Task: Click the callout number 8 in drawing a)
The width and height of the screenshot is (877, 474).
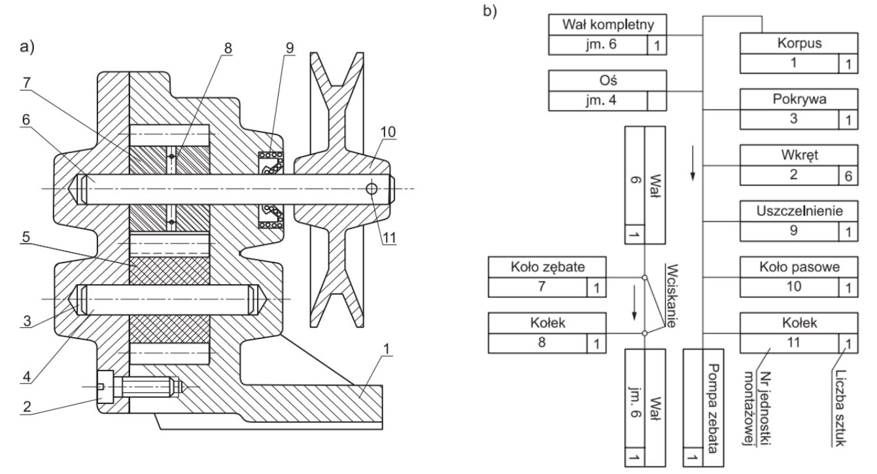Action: pos(228,48)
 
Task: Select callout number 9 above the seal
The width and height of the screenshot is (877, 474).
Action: pos(289,48)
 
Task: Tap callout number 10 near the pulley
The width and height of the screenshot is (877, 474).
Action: pos(388,132)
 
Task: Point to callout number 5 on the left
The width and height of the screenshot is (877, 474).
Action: pos(26,237)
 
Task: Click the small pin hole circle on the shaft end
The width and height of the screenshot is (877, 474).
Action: pos(371,189)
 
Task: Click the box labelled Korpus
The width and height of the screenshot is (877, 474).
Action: pos(799,53)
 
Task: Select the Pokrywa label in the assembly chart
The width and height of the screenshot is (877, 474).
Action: pos(799,100)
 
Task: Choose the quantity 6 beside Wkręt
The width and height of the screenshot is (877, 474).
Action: pos(848,176)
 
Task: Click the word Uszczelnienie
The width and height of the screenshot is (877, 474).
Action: pos(799,211)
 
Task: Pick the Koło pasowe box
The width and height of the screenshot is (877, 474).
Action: pos(799,277)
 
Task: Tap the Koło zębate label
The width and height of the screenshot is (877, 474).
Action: pos(547,267)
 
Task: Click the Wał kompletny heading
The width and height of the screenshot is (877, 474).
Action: pos(608,24)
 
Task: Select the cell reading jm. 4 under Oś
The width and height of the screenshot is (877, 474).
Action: pos(601,100)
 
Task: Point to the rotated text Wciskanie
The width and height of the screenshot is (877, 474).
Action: pos(672,296)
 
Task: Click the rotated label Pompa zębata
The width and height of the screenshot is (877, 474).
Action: pos(714,408)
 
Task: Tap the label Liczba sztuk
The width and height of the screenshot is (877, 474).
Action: pos(840,408)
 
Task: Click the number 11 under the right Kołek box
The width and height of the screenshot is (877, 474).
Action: pos(793,342)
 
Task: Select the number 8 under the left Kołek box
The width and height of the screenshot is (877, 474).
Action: pos(542,342)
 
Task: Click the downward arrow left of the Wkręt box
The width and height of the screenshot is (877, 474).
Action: pos(693,163)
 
